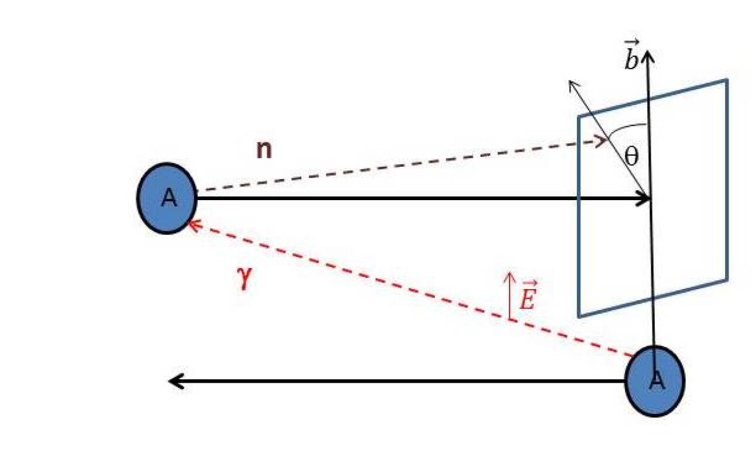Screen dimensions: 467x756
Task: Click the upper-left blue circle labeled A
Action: coord(167,198)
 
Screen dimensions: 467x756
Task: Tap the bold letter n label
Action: coord(264,150)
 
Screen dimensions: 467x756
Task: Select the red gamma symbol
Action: coord(245,278)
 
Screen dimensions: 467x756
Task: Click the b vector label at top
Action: coord(631,59)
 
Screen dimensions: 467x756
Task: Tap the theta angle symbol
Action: coord(631,156)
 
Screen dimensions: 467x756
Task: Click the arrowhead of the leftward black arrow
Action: coord(173,381)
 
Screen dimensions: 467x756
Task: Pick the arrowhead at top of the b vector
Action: coord(647,54)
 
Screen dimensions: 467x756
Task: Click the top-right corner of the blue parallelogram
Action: coord(727,80)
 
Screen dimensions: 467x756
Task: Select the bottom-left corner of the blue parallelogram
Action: coord(579,317)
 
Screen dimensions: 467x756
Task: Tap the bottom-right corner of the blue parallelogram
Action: coord(727,279)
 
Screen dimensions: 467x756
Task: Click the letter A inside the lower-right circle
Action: coord(657,381)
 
